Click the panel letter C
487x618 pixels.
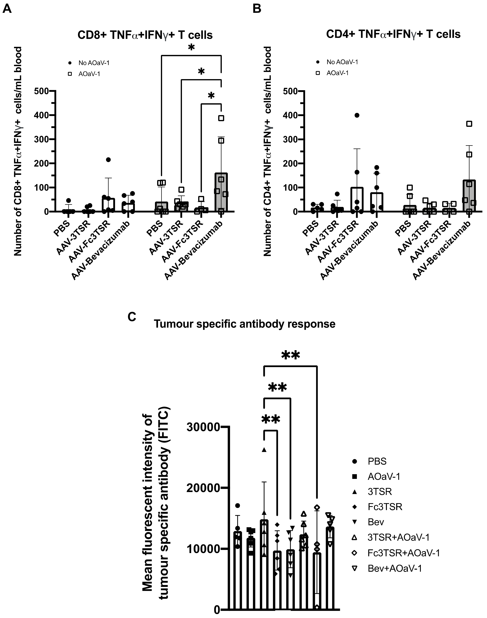pos(132,317)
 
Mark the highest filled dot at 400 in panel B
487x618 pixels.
pos(357,115)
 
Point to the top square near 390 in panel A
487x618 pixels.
pos(221,118)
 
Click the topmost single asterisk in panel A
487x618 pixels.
pos(191,48)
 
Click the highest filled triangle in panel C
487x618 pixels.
pos(264,450)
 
